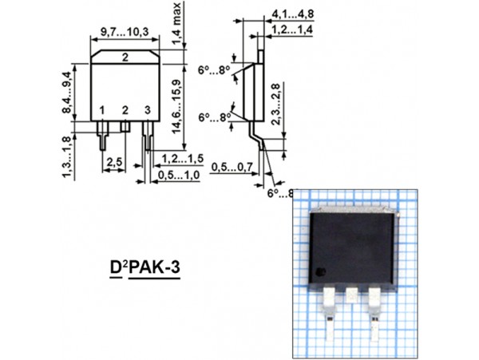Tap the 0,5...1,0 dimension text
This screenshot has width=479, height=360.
178,174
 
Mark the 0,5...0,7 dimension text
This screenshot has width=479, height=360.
232,168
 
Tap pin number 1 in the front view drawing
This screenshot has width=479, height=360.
102,109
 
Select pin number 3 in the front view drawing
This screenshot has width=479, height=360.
147,109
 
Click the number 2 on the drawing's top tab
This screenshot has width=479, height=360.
125,57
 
